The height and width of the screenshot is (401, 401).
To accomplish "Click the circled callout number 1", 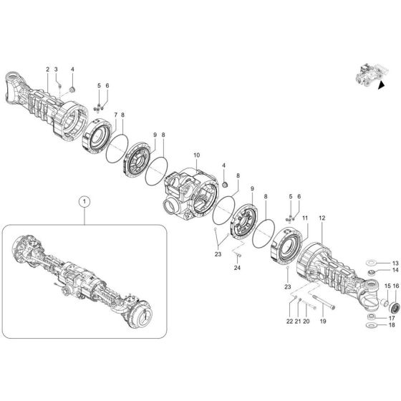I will point(84,203).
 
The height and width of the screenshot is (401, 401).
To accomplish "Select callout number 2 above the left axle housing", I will point(47,69).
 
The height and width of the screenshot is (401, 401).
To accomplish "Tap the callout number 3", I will point(57,69).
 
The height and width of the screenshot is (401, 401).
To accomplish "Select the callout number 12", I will point(322,217).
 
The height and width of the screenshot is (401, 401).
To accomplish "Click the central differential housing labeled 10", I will point(190,190).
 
